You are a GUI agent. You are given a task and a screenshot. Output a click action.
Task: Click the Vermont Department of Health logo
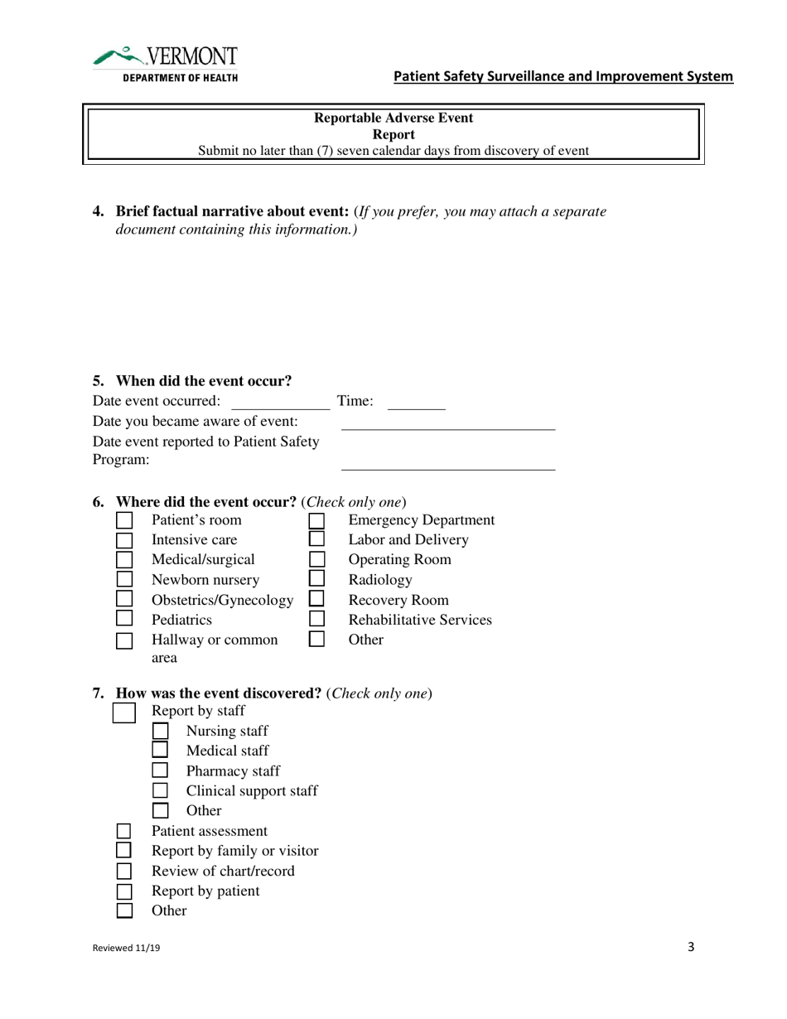[x=166, y=64]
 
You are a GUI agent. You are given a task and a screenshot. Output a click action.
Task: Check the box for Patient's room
[x=124, y=520]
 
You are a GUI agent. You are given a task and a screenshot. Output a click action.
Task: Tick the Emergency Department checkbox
[x=316, y=520]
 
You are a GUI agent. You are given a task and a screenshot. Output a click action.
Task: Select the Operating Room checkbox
[x=316, y=560]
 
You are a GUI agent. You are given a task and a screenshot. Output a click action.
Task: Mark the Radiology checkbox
[x=316, y=580]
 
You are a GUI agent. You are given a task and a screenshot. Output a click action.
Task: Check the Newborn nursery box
[x=124, y=580]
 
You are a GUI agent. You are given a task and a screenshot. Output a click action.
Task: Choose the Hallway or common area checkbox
[x=124, y=640]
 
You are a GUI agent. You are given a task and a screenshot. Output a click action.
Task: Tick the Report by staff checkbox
[x=124, y=712]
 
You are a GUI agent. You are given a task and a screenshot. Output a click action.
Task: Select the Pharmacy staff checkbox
[x=161, y=771]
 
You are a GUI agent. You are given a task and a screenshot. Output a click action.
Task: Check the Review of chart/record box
[x=124, y=872]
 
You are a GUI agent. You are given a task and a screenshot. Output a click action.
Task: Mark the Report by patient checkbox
[x=124, y=891]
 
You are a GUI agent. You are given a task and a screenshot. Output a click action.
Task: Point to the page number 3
[x=691, y=948]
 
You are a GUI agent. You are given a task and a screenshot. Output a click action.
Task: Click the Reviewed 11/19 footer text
[x=127, y=949]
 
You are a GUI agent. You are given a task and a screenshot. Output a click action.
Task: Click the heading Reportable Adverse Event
[x=393, y=118]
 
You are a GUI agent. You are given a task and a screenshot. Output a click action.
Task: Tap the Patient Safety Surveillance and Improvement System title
[x=562, y=77]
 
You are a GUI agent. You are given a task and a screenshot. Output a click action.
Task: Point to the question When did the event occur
[x=203, y=381]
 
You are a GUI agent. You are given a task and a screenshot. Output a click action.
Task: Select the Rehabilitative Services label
[x=420, y=620]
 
